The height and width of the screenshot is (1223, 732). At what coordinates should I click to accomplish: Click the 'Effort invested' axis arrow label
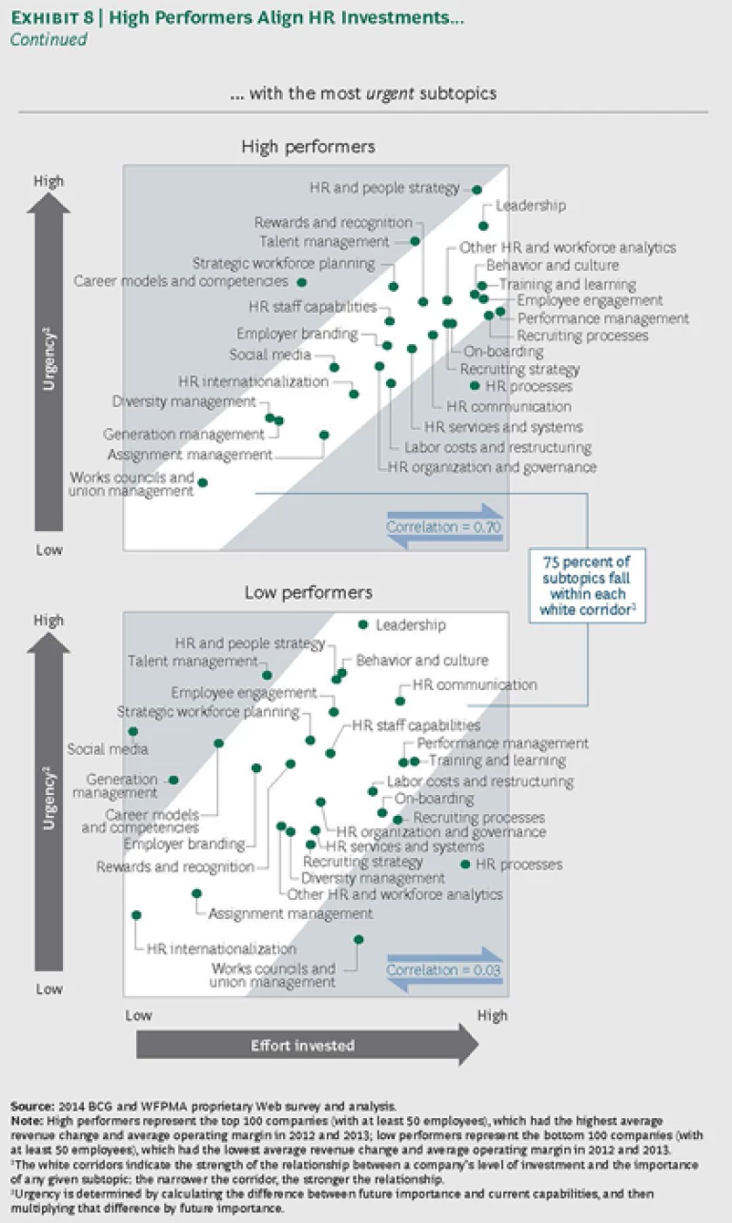[302, 1046]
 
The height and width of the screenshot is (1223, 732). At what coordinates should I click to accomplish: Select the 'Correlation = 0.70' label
[443, 526]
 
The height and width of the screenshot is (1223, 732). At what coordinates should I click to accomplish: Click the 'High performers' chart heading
[308, 147]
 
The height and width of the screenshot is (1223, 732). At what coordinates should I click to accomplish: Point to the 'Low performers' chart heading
[308, 592]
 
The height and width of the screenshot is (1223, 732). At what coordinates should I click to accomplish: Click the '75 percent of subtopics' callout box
[586, 585]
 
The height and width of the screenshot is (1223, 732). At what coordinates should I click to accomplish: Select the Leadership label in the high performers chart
[531, 205]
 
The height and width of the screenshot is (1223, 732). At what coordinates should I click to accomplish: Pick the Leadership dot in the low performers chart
[362, 624]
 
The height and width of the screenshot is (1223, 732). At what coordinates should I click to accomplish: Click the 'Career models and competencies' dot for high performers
[301, 282]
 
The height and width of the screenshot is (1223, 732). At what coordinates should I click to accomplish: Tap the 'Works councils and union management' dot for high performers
[202, 482]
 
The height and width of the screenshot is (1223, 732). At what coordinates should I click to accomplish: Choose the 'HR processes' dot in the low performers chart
[465, 865]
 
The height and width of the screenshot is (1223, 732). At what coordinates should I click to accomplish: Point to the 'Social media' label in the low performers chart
[108, 749]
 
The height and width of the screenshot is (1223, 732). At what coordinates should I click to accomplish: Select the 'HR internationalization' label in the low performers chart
[221, 949]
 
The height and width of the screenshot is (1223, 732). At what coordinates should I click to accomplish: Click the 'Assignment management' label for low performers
[290, 913]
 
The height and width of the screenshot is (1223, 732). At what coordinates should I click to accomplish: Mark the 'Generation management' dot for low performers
[173, 780]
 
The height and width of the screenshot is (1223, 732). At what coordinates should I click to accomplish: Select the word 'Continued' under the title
[49, 40]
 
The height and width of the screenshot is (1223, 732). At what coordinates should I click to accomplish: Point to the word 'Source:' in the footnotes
[32, 1106]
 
